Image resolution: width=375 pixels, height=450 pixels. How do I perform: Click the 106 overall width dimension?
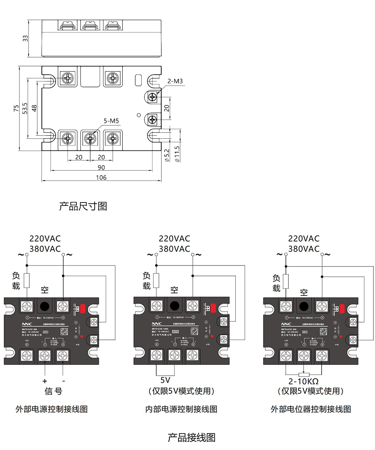point(101,177)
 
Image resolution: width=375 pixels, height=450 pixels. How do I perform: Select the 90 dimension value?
point(101,167)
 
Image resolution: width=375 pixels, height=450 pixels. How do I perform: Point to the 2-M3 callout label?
point(175,81)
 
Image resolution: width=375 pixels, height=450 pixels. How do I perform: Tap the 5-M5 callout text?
point(111,121)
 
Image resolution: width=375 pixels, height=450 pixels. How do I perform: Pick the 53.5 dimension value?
point(25,109)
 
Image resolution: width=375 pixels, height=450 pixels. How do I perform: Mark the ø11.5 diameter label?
point(177,154)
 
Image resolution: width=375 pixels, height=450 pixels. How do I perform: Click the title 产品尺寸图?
point(83,206)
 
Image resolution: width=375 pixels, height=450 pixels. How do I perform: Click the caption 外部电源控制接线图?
point(52,409)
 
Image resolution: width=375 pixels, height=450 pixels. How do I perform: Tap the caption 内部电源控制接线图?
point(181,409)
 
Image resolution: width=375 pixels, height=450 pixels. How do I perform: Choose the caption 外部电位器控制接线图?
point(311,409)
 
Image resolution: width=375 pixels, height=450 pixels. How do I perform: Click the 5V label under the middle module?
point(165,380)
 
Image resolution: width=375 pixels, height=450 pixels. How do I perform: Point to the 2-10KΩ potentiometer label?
point(303,381)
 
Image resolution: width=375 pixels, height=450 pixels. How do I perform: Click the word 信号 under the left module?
point(54,391)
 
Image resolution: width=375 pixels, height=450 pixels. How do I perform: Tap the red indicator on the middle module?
point(213,308)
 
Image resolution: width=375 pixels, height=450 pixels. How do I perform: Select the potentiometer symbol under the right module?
point(304,374)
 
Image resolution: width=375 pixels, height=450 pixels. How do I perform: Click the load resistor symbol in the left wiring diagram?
point(27,280)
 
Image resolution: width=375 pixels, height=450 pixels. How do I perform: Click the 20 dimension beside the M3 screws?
point(167,108)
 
